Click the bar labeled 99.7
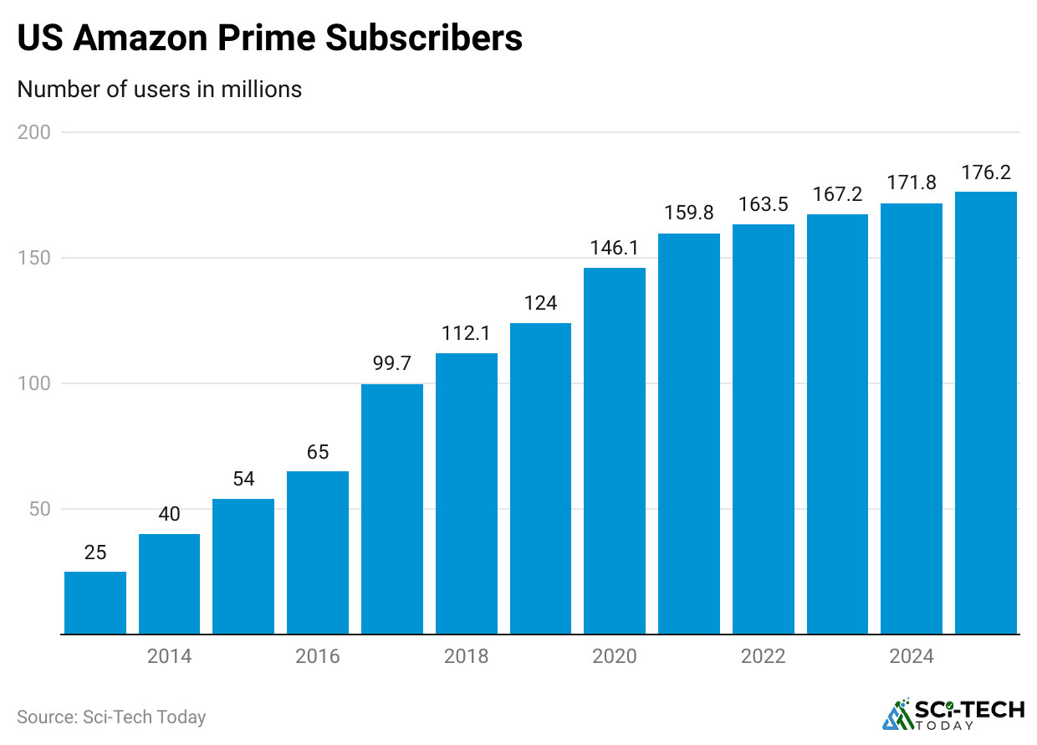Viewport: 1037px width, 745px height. tap(392, 509)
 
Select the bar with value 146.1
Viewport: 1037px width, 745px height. tap(615, 451)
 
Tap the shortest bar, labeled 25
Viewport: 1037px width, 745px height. tap(95, 603)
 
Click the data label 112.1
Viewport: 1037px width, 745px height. tap(467, 334)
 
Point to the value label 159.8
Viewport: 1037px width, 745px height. tap(689, 213)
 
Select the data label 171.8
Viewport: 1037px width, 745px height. tap(912, 183)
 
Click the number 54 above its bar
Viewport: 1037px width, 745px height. tap(243, 480)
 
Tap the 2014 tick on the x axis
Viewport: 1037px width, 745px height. tap(170, 656)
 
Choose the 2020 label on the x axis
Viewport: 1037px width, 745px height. tap(615, 656)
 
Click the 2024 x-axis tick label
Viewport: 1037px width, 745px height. tap(912, 656)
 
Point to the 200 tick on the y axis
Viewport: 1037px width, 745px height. tap(33, 132)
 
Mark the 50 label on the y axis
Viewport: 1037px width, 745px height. tap(38, 509)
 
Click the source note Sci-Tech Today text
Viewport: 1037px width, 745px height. tap(144, 717)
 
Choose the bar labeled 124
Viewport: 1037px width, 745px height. tap(540, 479)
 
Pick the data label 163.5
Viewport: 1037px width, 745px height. tap(764, 204)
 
